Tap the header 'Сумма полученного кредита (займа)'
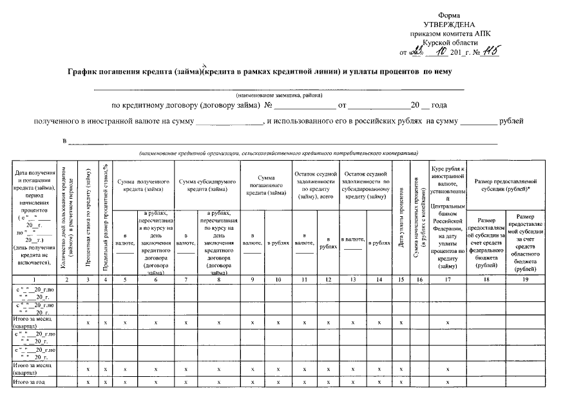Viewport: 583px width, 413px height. coord(143,185)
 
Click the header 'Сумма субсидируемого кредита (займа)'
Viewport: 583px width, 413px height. coord(207,185)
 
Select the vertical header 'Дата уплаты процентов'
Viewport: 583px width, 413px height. coord(401,219)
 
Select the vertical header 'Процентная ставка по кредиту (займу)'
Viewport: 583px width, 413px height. coord(87,219)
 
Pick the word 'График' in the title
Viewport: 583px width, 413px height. coord(85,72)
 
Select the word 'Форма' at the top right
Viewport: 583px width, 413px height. coord(447,15)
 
